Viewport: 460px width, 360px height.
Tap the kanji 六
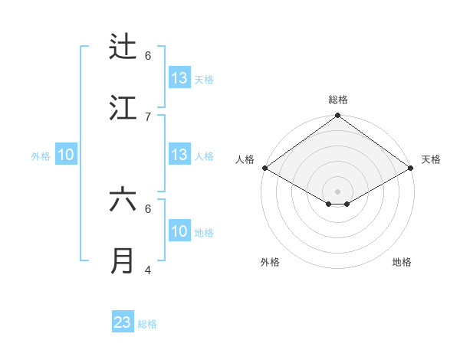click(x=123, y=200)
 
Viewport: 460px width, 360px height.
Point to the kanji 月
click(x=123, y=261)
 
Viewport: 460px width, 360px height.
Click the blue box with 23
click(x=123, y=322)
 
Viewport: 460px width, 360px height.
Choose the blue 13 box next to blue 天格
click(x=179, y=78)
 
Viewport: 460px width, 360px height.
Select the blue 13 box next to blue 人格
click(x=179, y=155)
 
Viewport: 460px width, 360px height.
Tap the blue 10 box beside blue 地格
click(x=179, y=231)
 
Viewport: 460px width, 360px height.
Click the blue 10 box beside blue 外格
click(x=66, y=155)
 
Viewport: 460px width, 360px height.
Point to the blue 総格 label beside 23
click(x=147, y=324)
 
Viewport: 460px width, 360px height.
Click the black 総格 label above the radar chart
click(x=338, y=100)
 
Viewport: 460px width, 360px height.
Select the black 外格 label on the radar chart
click(x=270, y=262)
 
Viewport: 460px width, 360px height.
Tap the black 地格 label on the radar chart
click(x=402, y=262)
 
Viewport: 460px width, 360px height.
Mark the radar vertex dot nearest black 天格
click(x=412, y=168)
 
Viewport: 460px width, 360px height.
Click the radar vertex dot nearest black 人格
click(x=264, y=168)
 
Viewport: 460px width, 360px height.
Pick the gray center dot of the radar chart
click(x=337, y=191)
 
